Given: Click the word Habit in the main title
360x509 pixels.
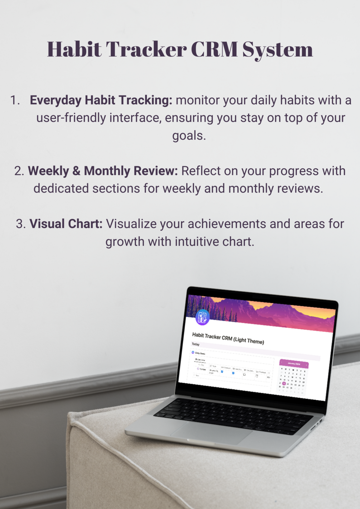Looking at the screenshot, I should [x=74, y=49].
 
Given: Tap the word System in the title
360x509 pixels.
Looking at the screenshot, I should [x=278, y=50].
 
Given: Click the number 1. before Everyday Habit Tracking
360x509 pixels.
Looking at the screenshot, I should [x=15, y=100].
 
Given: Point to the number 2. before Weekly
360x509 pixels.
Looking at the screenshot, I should [x=19, y=171].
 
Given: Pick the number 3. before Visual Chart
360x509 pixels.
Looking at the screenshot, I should [x=21, y=224].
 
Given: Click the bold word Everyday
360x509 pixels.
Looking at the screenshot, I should [x=56, y=100].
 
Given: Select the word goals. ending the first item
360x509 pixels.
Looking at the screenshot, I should [x=189, y=135].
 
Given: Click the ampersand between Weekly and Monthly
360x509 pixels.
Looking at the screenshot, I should [x=76, y=171].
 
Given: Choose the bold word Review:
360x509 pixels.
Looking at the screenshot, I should [x=155, y=171].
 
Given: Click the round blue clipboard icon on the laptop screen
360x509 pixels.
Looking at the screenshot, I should [x=202, y=317].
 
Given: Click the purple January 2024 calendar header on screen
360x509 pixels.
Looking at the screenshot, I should [x=294, y=364].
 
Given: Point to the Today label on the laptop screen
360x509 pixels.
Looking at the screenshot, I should [x=196, y=344].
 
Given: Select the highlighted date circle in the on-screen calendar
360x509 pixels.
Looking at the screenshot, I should [x=284, y=383].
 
